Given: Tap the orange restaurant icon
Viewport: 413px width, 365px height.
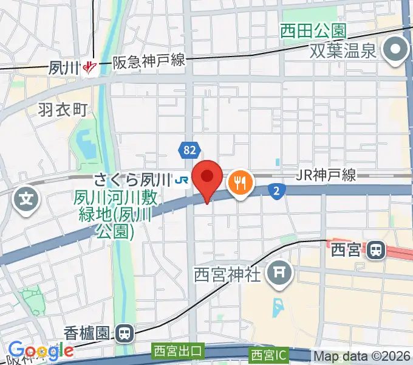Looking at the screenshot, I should coord(241,182).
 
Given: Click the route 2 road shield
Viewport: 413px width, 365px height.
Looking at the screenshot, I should coord(276,192).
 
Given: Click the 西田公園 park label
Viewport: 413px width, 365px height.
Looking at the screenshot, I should coord(313,30).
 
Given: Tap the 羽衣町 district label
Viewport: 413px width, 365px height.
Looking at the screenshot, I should coord(63,109).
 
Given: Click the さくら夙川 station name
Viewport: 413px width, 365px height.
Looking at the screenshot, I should coord(131,179).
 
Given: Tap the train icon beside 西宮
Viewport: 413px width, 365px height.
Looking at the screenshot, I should coord(377,249).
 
